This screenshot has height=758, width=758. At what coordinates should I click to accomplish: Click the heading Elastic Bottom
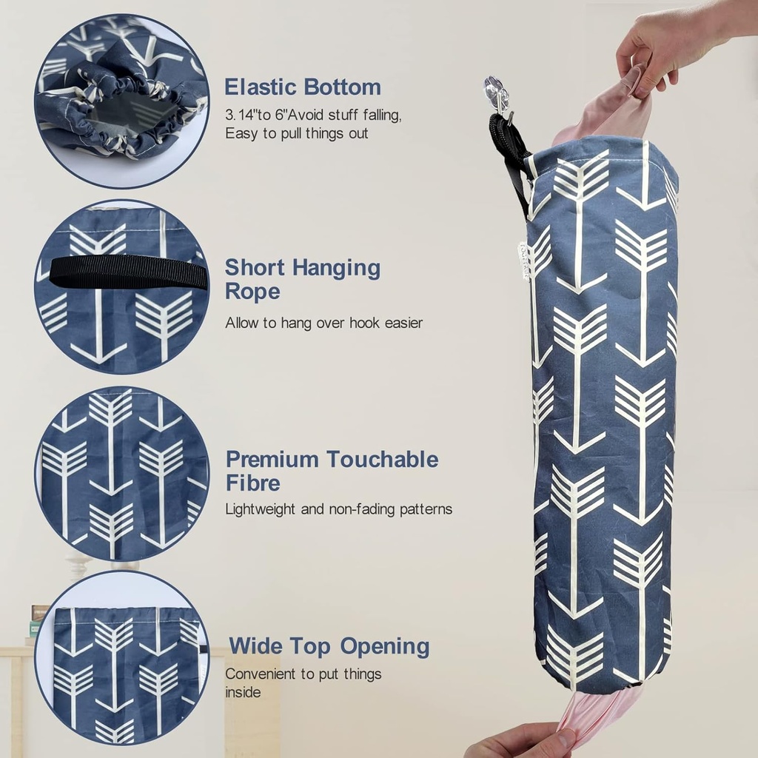(x=303, y=87)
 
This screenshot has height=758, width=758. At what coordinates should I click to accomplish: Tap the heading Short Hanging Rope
(x=302, y=279)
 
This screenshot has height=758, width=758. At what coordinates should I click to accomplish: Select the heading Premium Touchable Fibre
(x=332, y=471)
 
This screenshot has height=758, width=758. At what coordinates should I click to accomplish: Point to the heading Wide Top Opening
(x=329, y=646)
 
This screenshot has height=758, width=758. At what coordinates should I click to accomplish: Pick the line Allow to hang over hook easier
(x=323, y=323)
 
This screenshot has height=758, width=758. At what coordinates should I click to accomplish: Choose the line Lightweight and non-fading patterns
(x=338, y=509)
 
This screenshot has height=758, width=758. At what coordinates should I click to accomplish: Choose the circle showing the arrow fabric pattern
(x=122, y=474)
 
